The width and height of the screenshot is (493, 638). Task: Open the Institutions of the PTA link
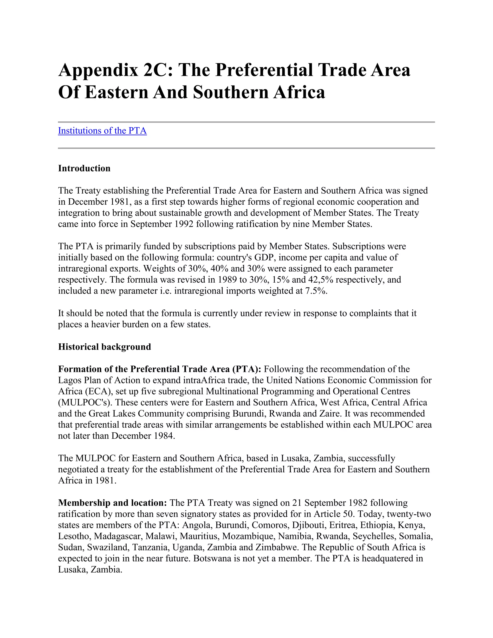click(x=102, y=130)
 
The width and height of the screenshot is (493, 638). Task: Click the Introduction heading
click(x=84, y=168)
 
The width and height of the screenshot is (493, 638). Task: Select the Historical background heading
click(x=104, y=347)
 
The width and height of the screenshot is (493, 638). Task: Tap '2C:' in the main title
click(x=158, y=70)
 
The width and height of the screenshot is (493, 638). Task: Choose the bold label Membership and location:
click(x=112, y=502)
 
